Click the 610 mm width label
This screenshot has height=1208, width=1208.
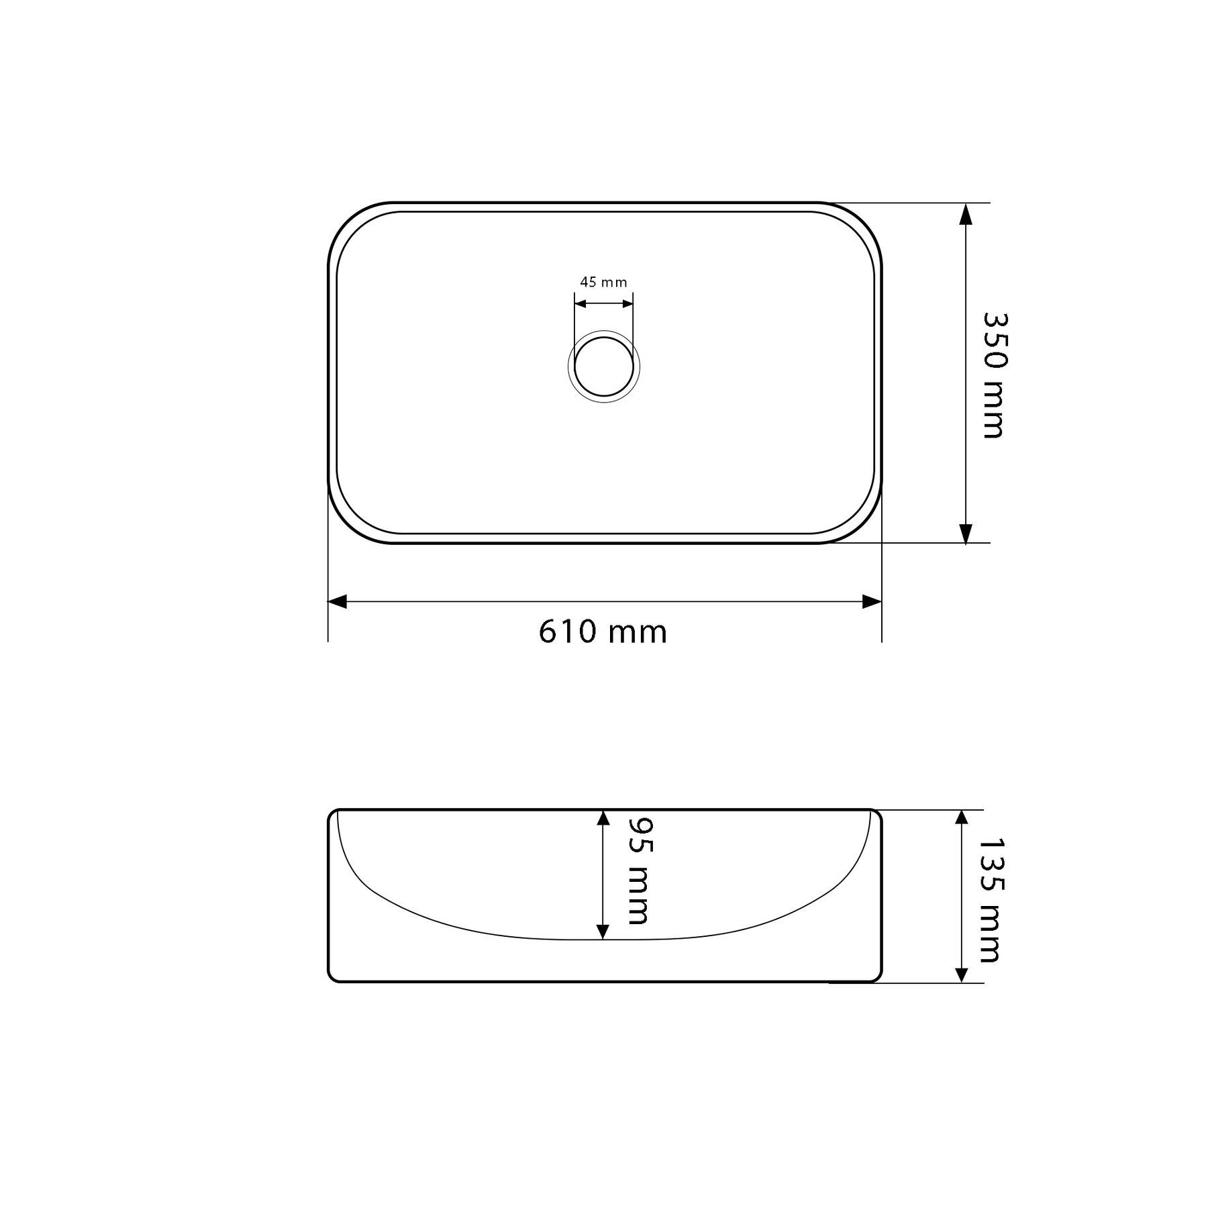point(603,632)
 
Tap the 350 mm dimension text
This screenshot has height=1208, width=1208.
point(993,375)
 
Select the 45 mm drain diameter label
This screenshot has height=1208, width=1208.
point(603,282)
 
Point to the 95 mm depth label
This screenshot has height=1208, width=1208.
point(638,870)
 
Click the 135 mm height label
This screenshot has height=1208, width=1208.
point(990,899)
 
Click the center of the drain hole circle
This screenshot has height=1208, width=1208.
point(604,366)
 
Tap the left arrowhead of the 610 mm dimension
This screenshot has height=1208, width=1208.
point(337,601)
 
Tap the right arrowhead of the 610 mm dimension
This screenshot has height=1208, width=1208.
point(872,601)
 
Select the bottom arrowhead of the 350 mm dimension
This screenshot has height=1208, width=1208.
point(965,532)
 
